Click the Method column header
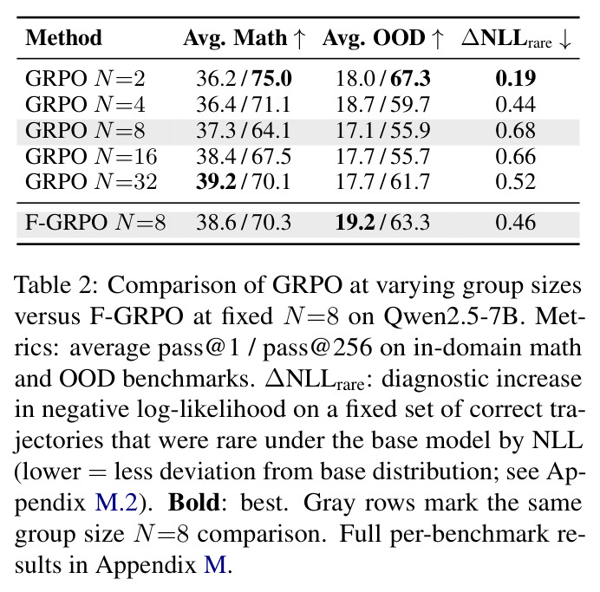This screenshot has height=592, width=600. pos(64,38)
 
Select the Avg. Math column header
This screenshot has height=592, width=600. pos(245,39)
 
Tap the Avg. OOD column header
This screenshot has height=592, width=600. pos(383,39)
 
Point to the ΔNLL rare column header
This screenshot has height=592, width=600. pos(516,39)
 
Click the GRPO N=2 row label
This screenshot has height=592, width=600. pos(85,79)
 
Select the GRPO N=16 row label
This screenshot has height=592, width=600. pos(91,156)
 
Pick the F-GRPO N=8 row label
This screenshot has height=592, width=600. pos(95,222)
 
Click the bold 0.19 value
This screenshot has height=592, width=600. pos(515,78)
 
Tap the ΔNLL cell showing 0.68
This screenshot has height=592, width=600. pos(515,130)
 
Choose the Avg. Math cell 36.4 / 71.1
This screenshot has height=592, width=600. pos(244,104)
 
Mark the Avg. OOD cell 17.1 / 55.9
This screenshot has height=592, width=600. pos(382,130)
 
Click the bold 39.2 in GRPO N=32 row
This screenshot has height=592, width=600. pos(216,182)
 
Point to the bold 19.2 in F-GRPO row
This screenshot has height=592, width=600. pos(355,222)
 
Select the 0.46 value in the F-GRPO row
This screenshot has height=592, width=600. pos(515,222)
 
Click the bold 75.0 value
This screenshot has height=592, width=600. pos(271,78)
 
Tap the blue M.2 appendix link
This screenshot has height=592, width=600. pos(116,502)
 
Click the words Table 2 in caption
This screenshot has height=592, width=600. pos(56,285)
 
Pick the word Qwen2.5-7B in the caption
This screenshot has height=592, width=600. pos(451,317)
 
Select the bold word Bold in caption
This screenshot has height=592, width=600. pos(194,502)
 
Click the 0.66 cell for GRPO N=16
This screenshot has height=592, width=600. pos(515,156)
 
